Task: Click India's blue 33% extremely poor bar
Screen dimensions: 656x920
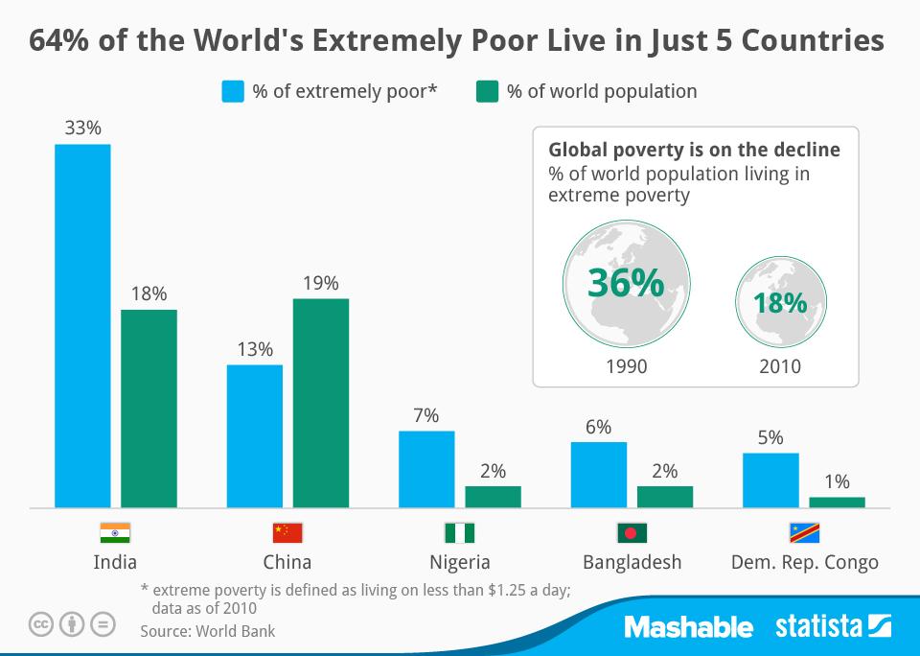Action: pyautogui.click(x=82, y=325)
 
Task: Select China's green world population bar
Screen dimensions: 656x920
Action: pyautogui.click(x=321, y=403)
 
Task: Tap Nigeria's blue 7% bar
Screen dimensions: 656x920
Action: pyautogui.click(x=426, y=469)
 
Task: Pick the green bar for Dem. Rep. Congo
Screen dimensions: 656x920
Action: pyautogui.click(x=837, y=502)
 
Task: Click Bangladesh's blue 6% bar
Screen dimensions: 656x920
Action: pyautogui.click(x=598, y=474)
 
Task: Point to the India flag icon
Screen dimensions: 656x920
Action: pyautogui.click(x=115, y=533)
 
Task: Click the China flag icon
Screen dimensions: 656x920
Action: pyautogui.click(x=287, y=533)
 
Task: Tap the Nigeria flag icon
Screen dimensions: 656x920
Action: pyautogui.click(x=459, y=533)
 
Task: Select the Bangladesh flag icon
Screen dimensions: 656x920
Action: pyautogui.click(x=632, y=533)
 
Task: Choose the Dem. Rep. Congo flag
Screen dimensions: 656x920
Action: pyautogui.click(x=804, y=533)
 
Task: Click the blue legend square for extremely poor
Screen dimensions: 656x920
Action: pyautogui.click(x=233, y=92)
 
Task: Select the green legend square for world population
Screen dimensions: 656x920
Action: pyautogui.click(x=488, y=92)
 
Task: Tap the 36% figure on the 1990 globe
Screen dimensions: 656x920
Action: pyautogui.click(x=625, y=284)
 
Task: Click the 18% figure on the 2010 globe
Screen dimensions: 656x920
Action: pyautogui.click(x=779, y=302)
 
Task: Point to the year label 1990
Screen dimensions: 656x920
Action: pyautogui.click(x=626, y=366)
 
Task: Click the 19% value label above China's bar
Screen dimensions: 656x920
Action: pyautogui.click(x=321, y=283)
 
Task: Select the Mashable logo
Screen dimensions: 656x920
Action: pyautogui.click(x=688, y=627)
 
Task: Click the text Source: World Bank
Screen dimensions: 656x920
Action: pyautogui.click(x=207, y=631)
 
